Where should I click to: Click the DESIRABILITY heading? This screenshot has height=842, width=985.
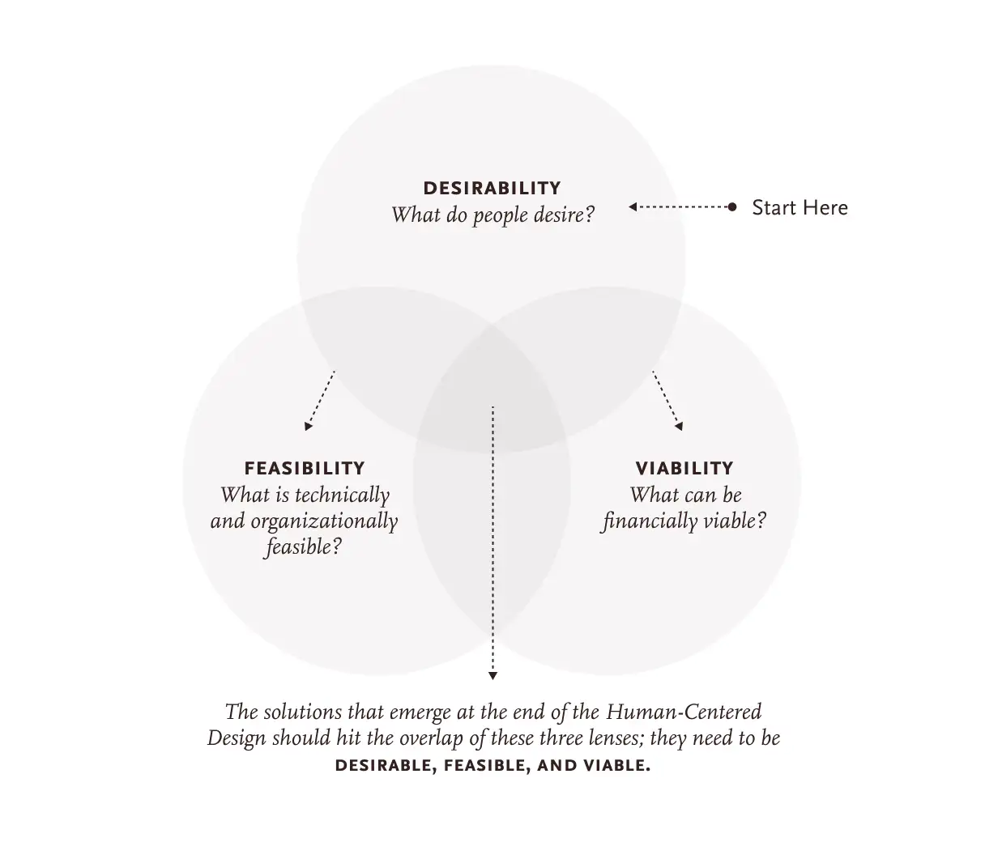point(492,188)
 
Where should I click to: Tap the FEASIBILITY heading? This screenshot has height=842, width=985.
point(305,468)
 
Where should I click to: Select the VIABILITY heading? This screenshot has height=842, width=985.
point(684,468)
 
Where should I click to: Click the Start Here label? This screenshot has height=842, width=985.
point(800,207)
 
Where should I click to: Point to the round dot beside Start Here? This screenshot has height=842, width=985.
point(732,206)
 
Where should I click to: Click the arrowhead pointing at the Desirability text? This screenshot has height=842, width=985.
point(633,206)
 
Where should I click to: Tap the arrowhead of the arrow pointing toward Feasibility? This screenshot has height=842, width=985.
point(308,426)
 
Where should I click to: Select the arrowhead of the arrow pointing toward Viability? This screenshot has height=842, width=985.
point(680,426)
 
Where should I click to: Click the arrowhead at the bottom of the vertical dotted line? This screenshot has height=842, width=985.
point(492,676)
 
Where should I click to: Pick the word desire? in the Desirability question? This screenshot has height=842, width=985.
point(565,215)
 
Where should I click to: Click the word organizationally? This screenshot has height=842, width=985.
point(324,522)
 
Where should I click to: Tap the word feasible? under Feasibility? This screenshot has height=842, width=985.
point(304,546)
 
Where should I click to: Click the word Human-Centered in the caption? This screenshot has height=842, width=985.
point(684,712)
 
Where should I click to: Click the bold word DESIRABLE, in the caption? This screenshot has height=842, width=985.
point(386,766)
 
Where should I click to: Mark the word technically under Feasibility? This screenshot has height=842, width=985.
point(342,495)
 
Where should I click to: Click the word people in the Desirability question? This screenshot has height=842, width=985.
point(501,215)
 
